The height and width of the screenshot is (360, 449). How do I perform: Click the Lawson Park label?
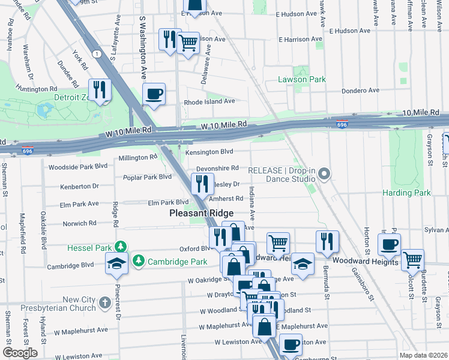301,79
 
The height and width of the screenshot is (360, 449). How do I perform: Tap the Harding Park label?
407,193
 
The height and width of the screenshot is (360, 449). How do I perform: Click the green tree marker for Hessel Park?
121,247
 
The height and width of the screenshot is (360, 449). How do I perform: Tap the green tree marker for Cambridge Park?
139,260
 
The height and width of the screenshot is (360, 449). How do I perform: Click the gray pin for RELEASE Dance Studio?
325,175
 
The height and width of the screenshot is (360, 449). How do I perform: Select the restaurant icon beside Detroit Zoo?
100,90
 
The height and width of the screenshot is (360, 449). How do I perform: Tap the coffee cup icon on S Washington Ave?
154,94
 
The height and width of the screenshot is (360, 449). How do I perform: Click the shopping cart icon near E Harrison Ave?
188,43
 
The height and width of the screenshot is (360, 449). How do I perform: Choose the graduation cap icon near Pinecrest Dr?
116,263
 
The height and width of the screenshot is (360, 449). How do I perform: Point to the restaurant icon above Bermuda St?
327,241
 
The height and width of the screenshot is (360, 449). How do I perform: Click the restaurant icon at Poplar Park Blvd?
202,184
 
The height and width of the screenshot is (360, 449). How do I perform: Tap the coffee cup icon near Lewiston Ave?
291,345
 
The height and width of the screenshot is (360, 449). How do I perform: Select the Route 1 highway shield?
96,54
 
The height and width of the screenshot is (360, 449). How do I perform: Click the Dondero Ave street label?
360,91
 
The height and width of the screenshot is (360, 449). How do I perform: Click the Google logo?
20,353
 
